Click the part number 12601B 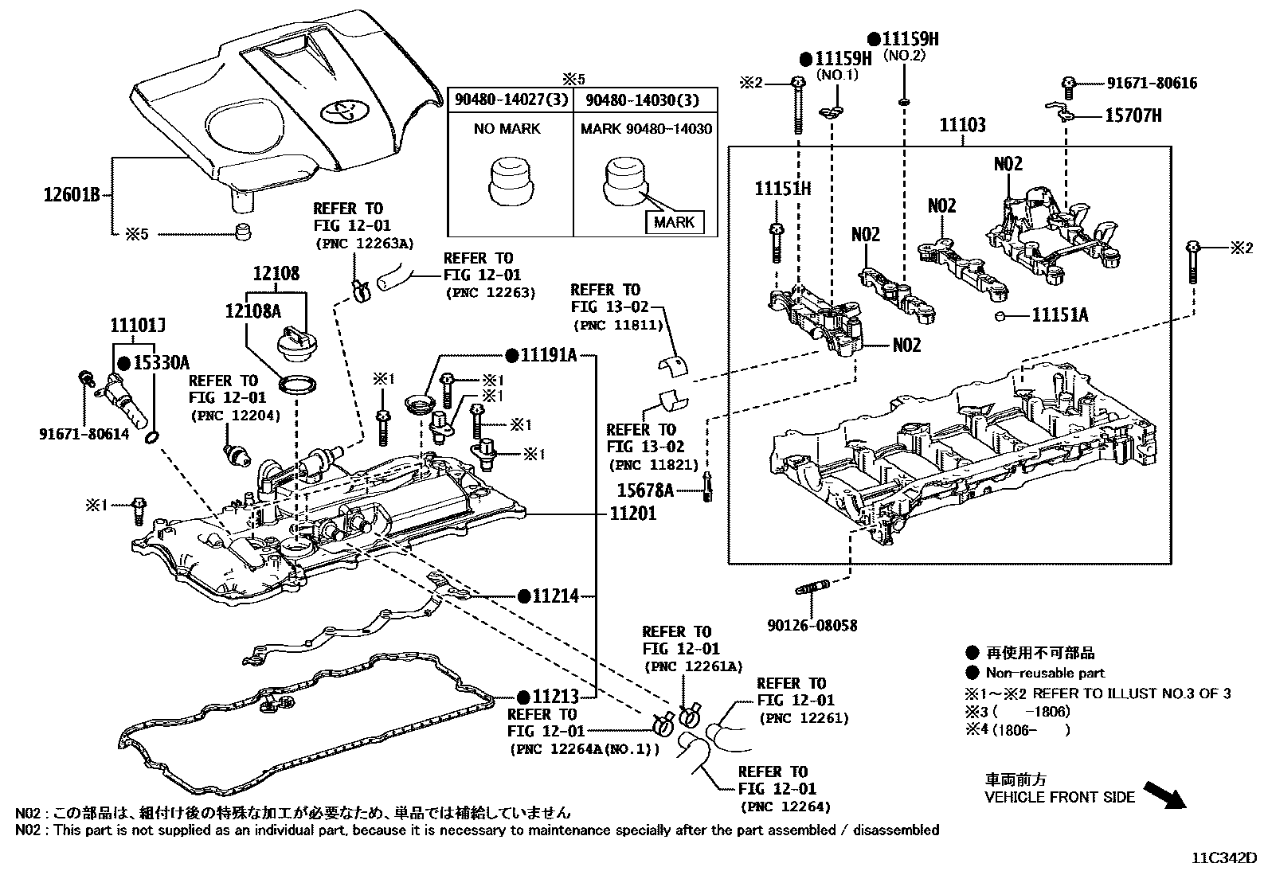71,193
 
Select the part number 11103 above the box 961,125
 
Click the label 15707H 1133,115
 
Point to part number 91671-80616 1152,83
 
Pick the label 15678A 645,490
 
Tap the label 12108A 252,311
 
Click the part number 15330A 160,363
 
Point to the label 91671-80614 84,434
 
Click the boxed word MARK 673,222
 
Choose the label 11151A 1059,315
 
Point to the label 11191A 548,355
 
